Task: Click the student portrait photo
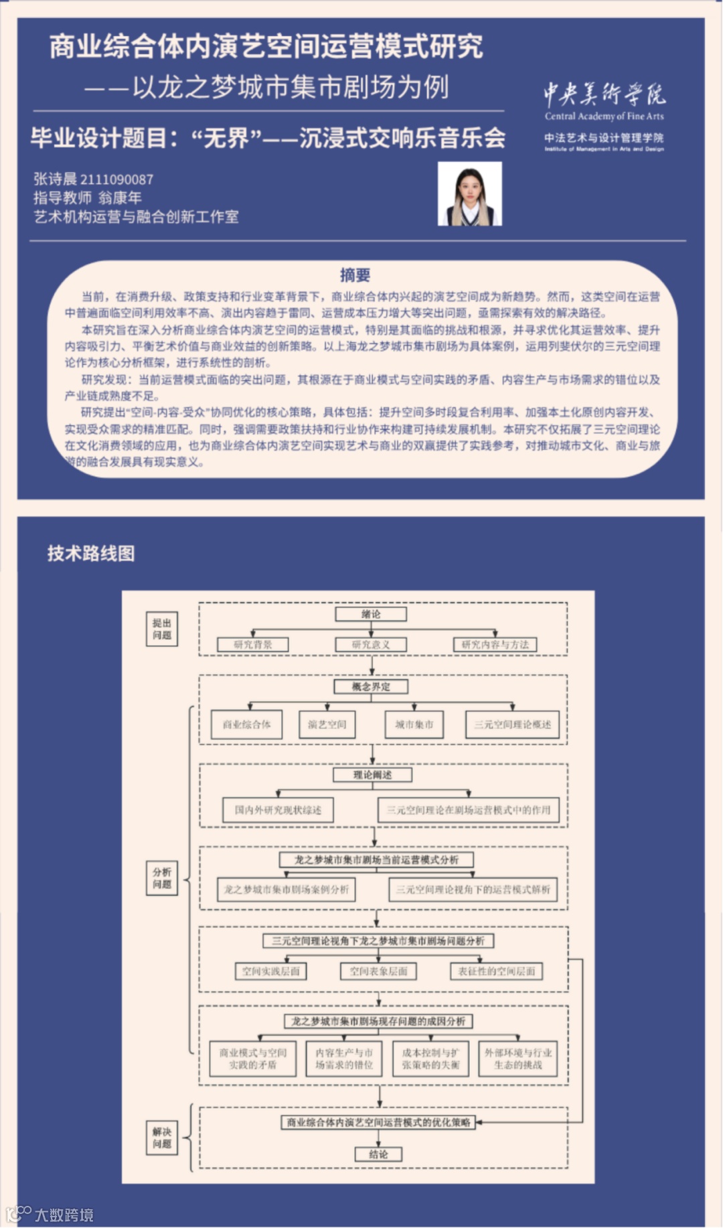(x=469, y=194)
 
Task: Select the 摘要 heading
(x=355, y=275)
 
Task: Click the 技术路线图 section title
(x=91, y=553)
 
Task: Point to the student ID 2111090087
(x=116, y=179)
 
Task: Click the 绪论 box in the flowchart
(x=371, y=614)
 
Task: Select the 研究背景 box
(x=253, y=644)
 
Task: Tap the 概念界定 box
(x=371, y=686)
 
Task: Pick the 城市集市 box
(x=414, y=724)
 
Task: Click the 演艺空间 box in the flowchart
(x=327, y=724)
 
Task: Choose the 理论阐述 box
(x=373, y=775)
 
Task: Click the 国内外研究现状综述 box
(x=278, y=810)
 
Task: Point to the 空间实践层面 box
(x=271, y=971)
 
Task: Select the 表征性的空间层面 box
(x=496, y=971)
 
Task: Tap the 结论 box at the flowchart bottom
(x=378, y=1154)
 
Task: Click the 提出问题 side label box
(x=162, y=629)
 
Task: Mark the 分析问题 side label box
(x=162, y=878)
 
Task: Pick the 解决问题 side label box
(x=162, y=1138)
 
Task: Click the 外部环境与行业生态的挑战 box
(x=517, y=1059)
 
